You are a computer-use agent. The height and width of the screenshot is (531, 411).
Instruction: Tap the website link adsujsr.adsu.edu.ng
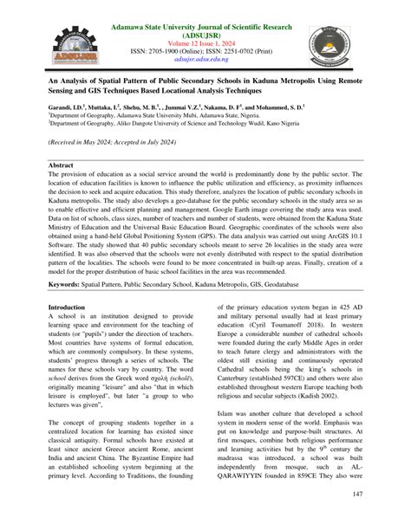point(205,61)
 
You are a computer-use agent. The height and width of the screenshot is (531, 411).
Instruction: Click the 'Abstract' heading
point(61,164)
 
